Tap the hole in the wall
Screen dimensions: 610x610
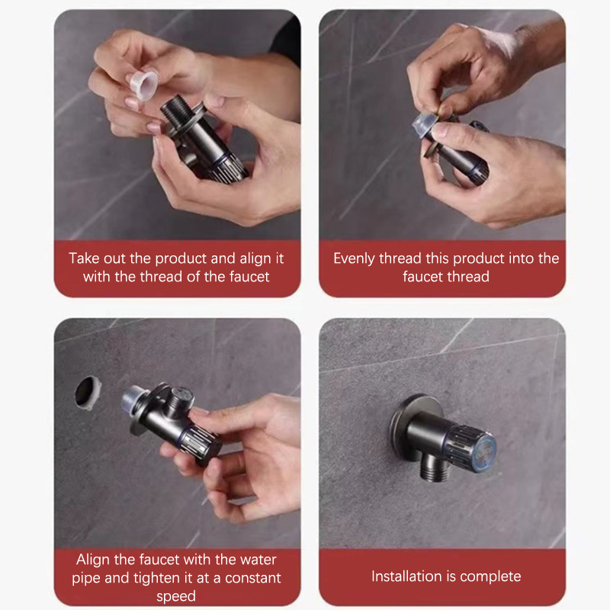(88, 393)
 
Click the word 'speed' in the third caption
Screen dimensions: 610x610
(176, 596)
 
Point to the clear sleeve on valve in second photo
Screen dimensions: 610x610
(425, 124)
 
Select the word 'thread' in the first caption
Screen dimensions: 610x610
(161, 277)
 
